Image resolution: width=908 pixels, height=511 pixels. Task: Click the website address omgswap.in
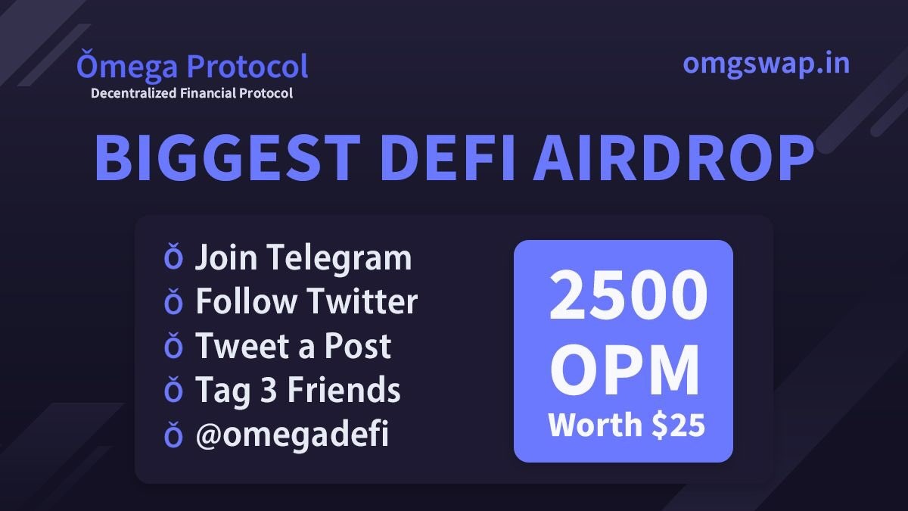coord(766,64)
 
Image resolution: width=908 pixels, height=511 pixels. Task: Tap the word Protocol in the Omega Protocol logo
coord(247,67)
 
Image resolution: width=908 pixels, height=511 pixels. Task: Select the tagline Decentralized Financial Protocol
coord(191,94)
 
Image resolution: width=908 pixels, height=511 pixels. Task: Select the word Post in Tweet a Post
coord(358,347)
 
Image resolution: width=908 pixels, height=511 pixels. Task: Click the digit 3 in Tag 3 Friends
coord(261,391)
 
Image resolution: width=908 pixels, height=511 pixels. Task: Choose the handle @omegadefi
coord(292,435)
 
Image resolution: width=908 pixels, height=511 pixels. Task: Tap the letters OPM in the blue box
coord(624,372)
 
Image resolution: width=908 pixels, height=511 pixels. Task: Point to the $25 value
coord(679,425)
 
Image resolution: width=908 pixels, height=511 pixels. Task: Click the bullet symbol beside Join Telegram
coord(173,259)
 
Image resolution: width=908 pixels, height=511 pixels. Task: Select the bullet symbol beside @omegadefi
coord(173,435)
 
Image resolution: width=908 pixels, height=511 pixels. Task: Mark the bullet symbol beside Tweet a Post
coord(173,347)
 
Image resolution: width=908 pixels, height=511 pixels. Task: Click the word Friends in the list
coord(340,391)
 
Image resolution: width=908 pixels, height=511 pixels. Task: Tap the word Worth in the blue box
coord(595,425)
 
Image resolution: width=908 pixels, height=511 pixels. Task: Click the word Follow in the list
coord(246,302)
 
